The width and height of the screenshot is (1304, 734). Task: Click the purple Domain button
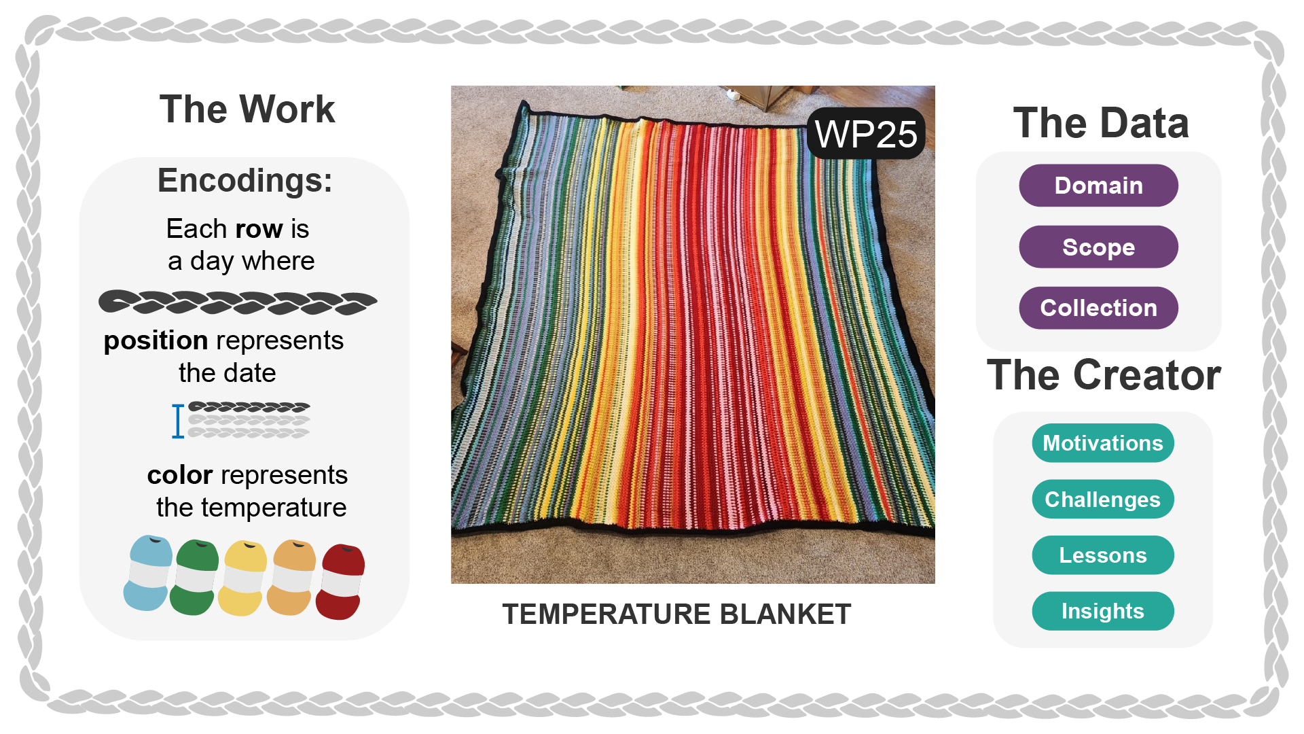click(1098, 186)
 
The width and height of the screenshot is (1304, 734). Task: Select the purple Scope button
click(1098, 247)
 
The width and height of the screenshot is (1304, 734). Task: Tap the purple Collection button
click(1098, 308)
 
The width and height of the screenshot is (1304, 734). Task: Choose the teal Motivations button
click(1103, 443)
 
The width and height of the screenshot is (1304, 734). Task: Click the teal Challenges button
click(1103, 500)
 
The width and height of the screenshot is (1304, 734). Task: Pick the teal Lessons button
click(1103, 555)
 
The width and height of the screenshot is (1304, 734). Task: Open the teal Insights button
click(1103, 611)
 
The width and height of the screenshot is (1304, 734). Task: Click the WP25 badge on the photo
click(866, 134)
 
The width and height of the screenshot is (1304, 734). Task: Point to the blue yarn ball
click(147, 573)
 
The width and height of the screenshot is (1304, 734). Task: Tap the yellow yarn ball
click(243, 578)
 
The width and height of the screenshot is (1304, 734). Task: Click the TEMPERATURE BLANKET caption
click(676, 614)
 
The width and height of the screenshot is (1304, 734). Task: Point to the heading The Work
click(247, 109)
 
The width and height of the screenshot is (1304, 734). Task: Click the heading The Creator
click(1104, 375)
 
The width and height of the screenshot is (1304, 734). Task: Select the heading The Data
click(1101, 123)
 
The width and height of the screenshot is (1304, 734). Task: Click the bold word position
click(156, 340)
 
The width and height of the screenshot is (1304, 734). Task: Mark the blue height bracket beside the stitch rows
click(178, 421)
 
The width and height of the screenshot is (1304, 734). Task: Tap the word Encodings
click(245, 181)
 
